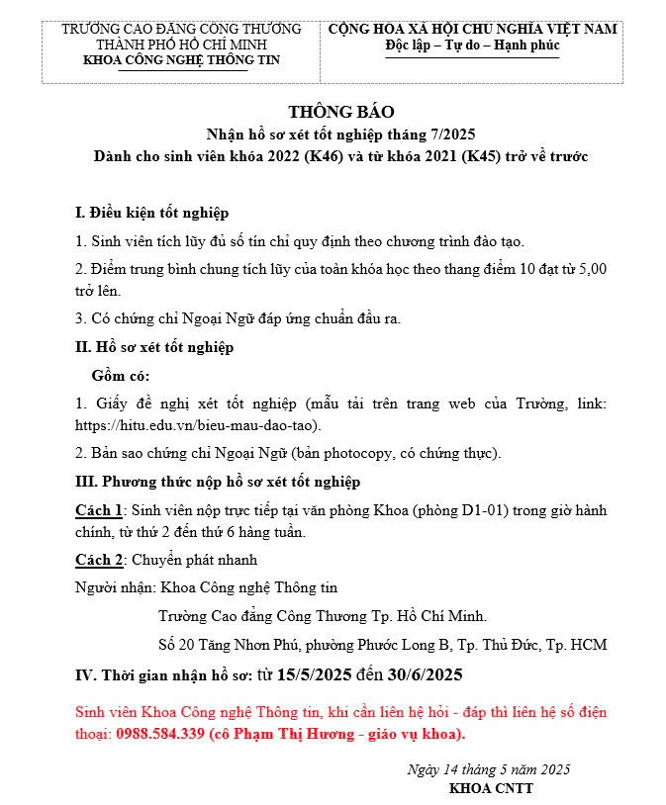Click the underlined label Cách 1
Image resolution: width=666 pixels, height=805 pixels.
tap(99, 510)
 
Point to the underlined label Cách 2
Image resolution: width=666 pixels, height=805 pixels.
tap(99, 560)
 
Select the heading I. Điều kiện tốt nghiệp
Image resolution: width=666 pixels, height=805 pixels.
tap(151, 213)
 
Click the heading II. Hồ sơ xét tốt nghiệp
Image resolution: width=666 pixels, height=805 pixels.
tap(154, 347)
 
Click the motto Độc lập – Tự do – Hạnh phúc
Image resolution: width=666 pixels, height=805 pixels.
tap(472, 45)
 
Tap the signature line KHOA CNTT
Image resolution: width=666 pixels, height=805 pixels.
tap(491, 788)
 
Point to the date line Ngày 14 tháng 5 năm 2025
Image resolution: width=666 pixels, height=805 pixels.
tap(489, 769)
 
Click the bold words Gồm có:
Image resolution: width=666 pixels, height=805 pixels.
tap(121, 375)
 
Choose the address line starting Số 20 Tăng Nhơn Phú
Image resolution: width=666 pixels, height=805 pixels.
tap(382, 645)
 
